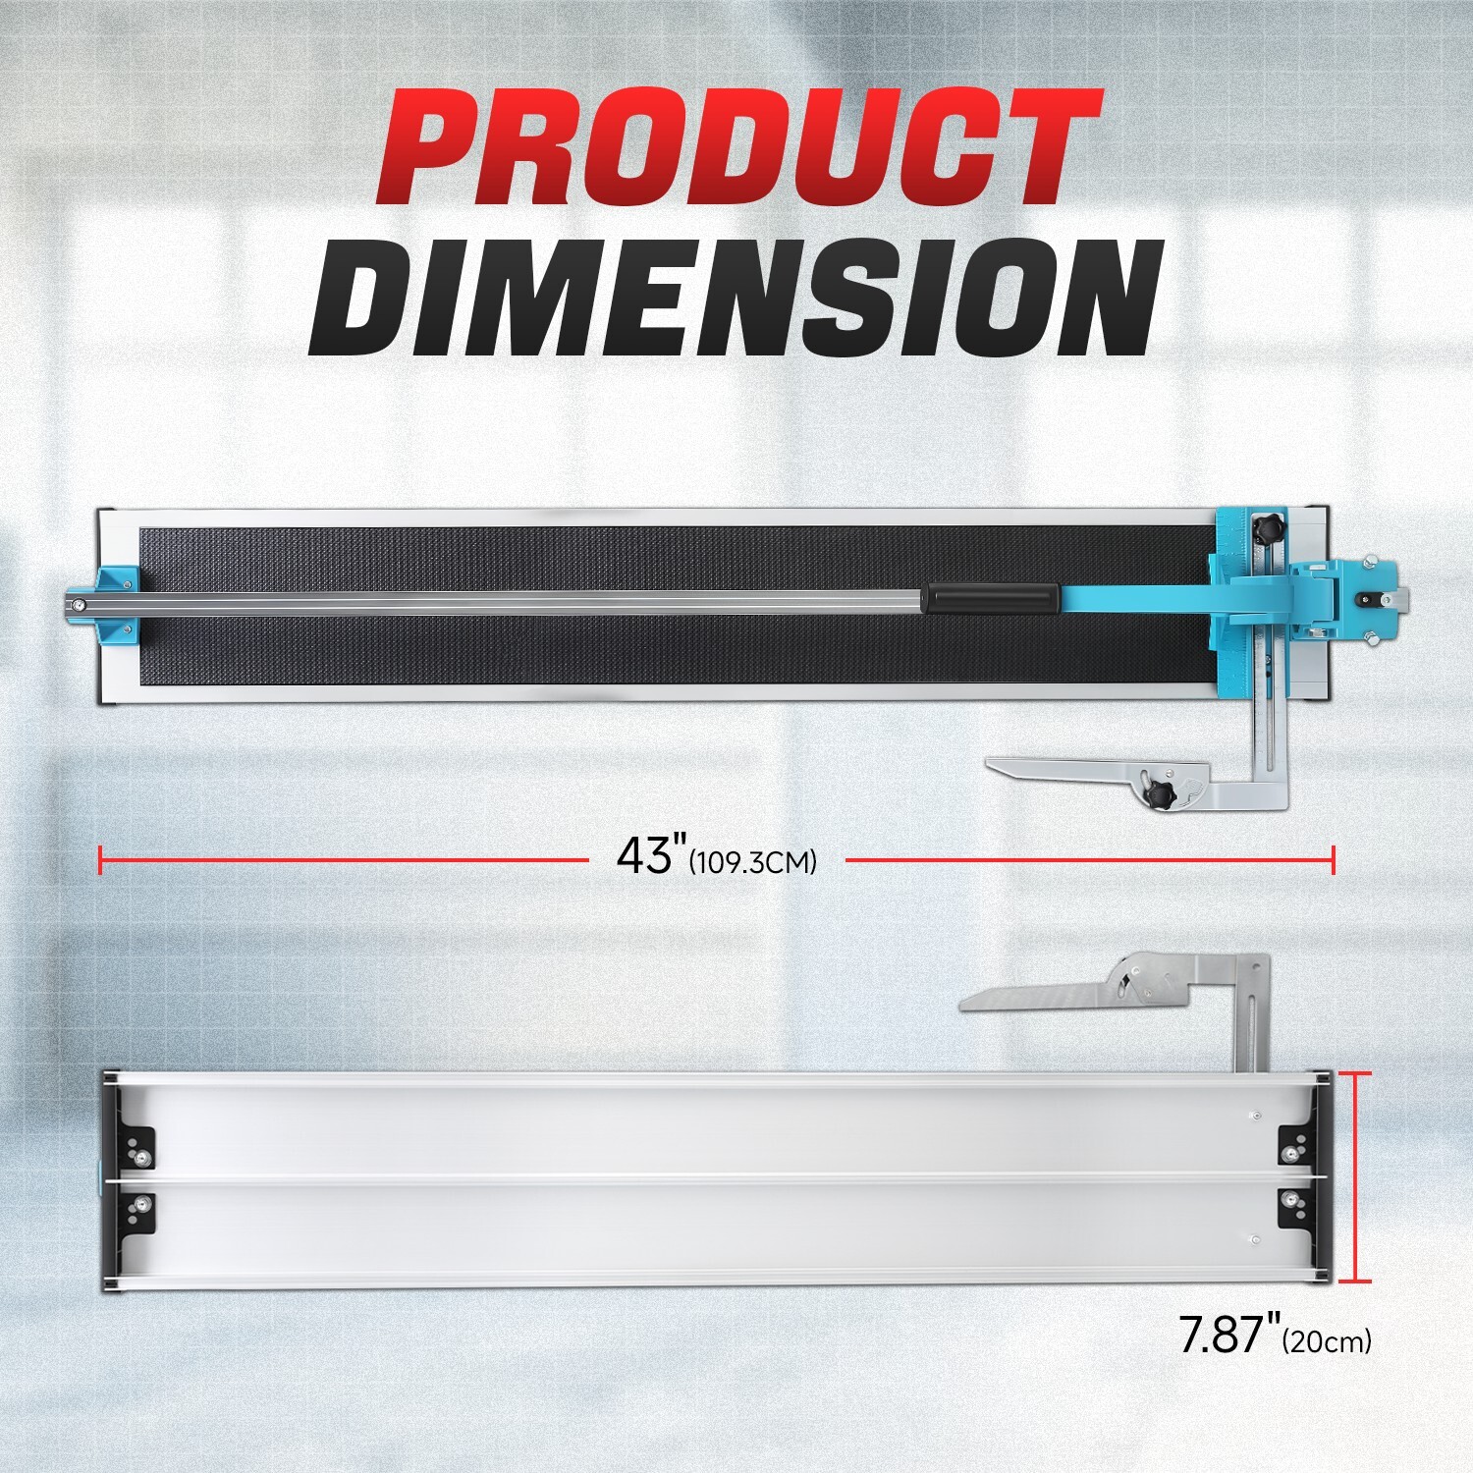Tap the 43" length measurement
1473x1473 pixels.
point(645,855)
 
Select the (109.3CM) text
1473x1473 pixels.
point(753,863)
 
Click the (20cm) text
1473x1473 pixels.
point(1327,1341)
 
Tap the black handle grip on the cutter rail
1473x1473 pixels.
point(990,599)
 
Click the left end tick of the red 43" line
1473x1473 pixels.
point(101,860)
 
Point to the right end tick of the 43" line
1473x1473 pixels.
point(1333,860)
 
